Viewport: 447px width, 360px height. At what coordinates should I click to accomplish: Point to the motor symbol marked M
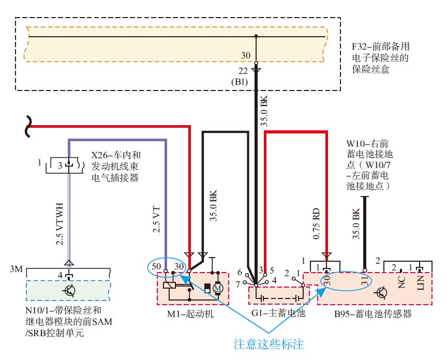point(218,288)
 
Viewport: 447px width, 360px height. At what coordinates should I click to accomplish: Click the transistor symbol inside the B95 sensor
point(382,293)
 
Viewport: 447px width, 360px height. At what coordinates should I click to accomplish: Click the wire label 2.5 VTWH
point(59,222)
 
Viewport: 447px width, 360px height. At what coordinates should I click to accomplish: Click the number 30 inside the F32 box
point(246,55)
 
